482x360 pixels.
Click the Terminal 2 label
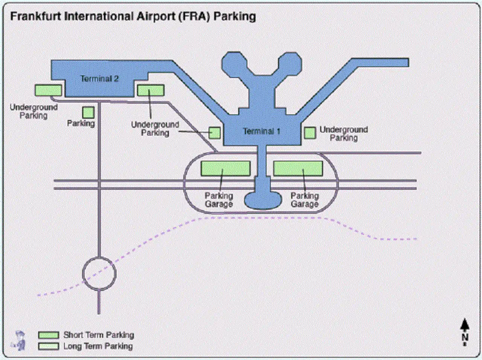click(99, 79)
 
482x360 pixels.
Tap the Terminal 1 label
click(261, 131)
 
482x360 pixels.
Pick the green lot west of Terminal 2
click(48, 90)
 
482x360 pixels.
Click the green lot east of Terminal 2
click(151, 90)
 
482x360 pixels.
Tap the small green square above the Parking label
click(88, 112)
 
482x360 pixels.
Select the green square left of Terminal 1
click(215, 133)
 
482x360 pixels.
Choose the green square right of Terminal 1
click(310, 133)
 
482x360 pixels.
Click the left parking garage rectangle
click(225, 169)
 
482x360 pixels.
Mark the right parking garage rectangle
click(298, 169)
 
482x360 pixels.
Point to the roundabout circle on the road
click(99, 274)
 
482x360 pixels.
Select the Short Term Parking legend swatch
click(49, 335)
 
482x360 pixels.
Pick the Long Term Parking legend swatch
click(49, 346)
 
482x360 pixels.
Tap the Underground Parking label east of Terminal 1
click(343, 134)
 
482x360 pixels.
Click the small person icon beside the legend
click(19, 340)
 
